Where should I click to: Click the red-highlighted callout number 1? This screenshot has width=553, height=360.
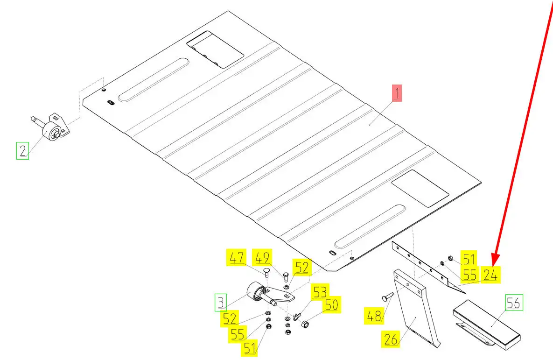tap(396, 94)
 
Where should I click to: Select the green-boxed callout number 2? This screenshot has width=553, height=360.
tap(22, 151)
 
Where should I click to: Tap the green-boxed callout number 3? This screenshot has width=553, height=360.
tap(221, 302)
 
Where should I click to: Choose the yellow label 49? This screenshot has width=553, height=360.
tap(262, 258)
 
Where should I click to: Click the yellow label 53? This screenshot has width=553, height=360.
tap(320, 291)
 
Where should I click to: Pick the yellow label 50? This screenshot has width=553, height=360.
tap(332, 305)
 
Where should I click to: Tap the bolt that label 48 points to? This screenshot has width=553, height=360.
tap(388, 296)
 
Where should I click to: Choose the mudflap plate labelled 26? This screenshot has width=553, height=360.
tap(414, 313)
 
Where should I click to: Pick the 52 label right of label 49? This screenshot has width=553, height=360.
tap(301, 268)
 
